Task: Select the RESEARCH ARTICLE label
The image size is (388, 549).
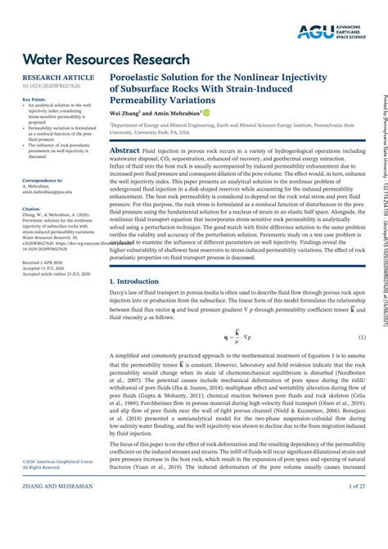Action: point(52,77)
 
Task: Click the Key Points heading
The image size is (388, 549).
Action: point(34,100)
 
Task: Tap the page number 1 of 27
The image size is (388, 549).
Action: point(357,532)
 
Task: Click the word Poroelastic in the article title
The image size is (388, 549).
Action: point(138,74)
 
